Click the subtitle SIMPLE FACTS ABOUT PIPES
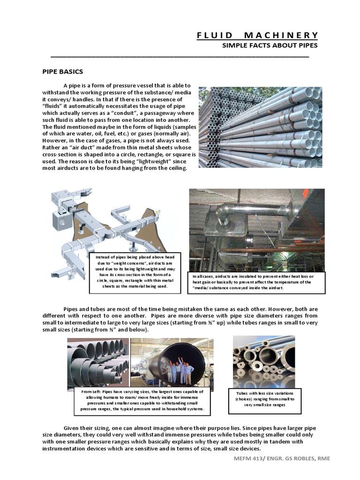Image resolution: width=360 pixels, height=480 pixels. coord(270,45)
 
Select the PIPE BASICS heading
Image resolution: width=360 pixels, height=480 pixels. coord(63,72)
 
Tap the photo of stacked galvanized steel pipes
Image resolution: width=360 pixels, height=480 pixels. coord(260,127)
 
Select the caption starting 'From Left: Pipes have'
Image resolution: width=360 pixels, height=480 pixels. coord(142,401)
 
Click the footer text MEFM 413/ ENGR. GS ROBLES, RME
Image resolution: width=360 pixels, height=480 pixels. coord(282,458)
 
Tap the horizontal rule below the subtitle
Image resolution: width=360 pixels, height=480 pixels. coord(180,56)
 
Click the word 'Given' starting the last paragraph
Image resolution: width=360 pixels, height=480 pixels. coord(73,427)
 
